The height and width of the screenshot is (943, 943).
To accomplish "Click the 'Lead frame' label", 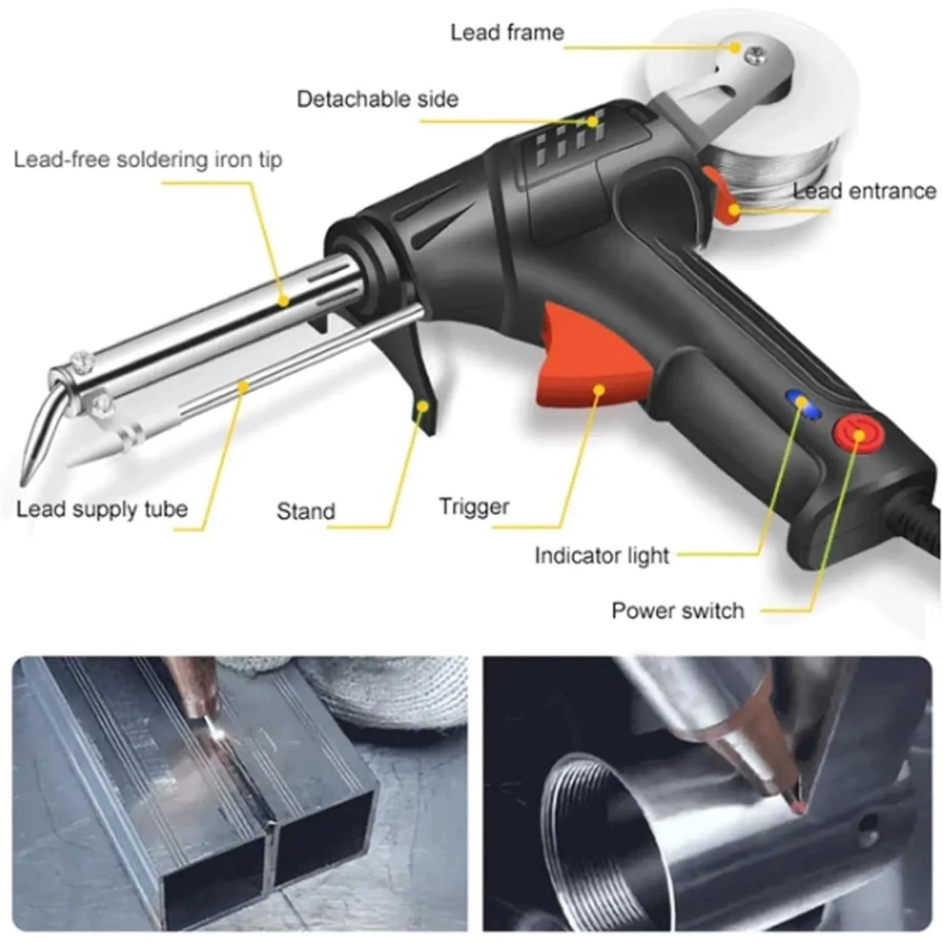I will (507, 32).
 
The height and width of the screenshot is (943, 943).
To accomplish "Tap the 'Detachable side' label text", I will (377, 100).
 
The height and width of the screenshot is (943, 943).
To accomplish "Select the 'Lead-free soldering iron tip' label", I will (148, 160).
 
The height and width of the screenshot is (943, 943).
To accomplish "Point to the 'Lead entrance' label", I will (864, 191).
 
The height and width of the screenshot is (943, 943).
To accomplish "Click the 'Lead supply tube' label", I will (102, 509).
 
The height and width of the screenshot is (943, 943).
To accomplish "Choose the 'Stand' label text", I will (305, 511).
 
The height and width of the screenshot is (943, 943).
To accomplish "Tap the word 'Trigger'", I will (474, 507).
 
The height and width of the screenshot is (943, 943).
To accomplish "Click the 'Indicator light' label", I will (601, 556).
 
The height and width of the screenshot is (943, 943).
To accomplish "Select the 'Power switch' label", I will (677, 611).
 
